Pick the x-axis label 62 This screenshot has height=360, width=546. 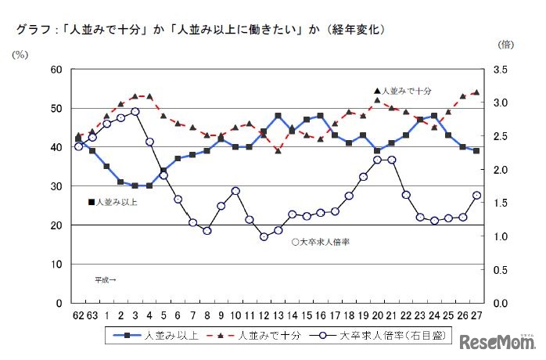78,315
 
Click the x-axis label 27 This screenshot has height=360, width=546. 476,315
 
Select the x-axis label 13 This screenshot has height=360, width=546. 278,315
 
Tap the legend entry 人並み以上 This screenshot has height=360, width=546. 163,337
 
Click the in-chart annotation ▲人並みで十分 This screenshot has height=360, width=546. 402,91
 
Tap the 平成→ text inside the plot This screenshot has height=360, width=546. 106,279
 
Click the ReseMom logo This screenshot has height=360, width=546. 498,342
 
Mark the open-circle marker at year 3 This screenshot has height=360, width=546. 135,112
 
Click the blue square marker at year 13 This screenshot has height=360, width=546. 278,116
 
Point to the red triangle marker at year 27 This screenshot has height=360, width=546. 476,92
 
